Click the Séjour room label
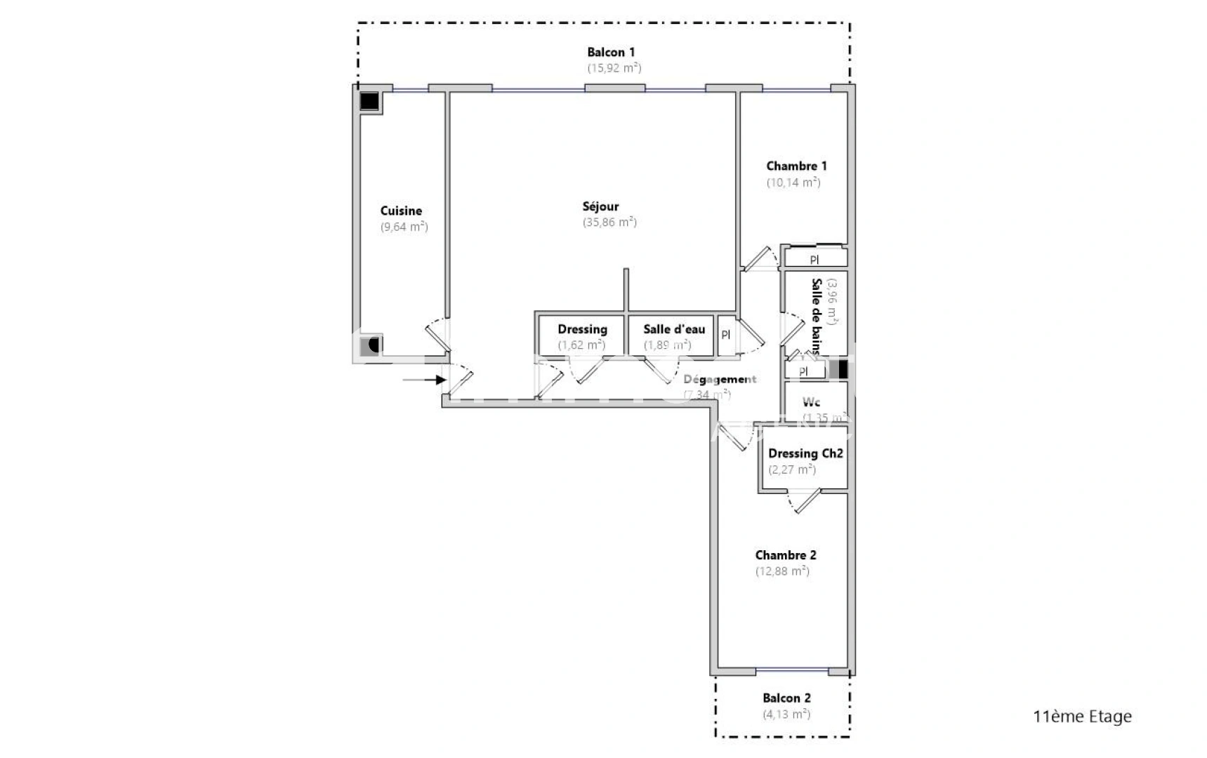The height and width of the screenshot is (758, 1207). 600,206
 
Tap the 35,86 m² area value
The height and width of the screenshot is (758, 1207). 609,222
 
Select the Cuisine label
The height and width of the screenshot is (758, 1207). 401,211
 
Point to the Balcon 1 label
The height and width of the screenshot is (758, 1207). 611,52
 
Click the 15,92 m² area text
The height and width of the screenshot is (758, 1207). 614,68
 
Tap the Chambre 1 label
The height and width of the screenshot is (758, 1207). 796,166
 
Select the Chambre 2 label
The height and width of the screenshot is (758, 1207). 785,555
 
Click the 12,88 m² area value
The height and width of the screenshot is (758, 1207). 782,571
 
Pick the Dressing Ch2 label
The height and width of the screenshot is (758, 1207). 805,453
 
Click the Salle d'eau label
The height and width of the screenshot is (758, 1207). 674,329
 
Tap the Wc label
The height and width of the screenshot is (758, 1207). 811,402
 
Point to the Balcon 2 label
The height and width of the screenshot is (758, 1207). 786,698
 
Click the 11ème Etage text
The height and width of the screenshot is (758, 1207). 1082,717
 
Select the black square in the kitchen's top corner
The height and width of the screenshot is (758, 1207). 369,102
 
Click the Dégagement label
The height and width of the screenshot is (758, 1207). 720,379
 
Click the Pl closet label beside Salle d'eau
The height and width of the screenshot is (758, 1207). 725,335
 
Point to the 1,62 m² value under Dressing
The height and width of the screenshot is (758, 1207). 581,345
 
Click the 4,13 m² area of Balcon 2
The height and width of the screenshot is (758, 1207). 786,714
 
